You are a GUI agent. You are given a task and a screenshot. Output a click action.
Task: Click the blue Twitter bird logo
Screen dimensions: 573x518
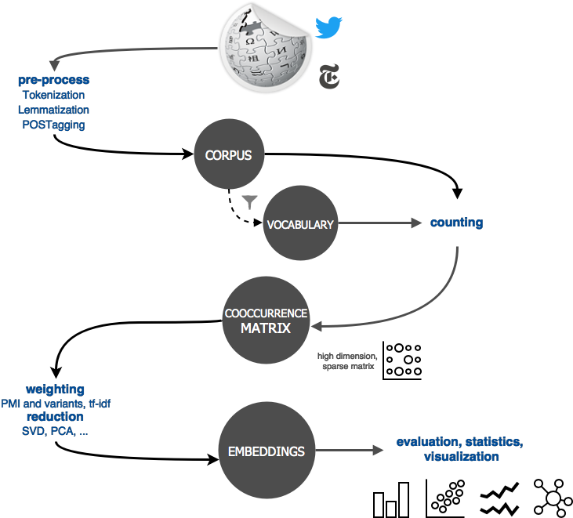pyautogui.click(x=328, y=27)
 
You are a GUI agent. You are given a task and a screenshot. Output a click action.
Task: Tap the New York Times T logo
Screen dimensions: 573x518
pyautogui.click(x=329, y=76)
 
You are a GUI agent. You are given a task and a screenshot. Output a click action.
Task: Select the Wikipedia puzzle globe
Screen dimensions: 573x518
pyautogui.click(x=266, y=48)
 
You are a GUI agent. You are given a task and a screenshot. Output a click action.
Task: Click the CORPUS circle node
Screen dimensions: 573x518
pyautogui.click(x=229, y=154)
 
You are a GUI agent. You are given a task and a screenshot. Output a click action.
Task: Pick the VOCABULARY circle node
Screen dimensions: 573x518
pyautogui.click(x=300, y=223)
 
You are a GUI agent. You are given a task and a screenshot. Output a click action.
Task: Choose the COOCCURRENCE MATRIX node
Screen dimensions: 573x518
pyautogui.click(x=266, y=320)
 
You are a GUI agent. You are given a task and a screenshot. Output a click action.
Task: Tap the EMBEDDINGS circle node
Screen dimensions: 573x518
pyautogui.click(x=267, y=451)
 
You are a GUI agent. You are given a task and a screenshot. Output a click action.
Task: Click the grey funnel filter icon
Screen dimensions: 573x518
pyautogui.click(x=249, y=202)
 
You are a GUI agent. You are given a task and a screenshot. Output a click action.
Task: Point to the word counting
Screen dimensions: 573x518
pyautogui.click(x=456, y=223)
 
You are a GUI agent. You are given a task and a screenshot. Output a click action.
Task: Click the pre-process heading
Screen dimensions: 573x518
pyautogui.click(x=54, y=80)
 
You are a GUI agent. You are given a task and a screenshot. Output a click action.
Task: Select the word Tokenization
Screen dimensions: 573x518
pyautogui.click(x=54, y=95)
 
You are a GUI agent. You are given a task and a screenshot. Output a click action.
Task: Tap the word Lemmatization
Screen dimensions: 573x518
pyautogui.click(x=54, y=110)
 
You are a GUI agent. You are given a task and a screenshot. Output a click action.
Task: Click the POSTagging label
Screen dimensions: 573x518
pyautogui.click(x=54, y=125)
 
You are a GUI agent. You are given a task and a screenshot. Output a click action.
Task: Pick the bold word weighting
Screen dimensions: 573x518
pyautogui.click(x=55, y=389)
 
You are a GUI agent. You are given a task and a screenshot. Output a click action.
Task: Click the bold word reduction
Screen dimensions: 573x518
pyautogui.click(x=55, y=416)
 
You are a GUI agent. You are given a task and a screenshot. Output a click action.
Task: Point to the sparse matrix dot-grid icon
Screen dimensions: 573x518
pyautogui.click(x=402, y=360)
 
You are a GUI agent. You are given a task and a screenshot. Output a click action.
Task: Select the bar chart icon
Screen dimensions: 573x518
pyautogui.click(x=391, y=500)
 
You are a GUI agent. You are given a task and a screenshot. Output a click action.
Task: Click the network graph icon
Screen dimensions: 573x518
pyautogui.click(x=553, y=498)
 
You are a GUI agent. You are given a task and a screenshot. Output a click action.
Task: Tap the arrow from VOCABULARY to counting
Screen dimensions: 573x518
pyautogui.click(x=379, y=223)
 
